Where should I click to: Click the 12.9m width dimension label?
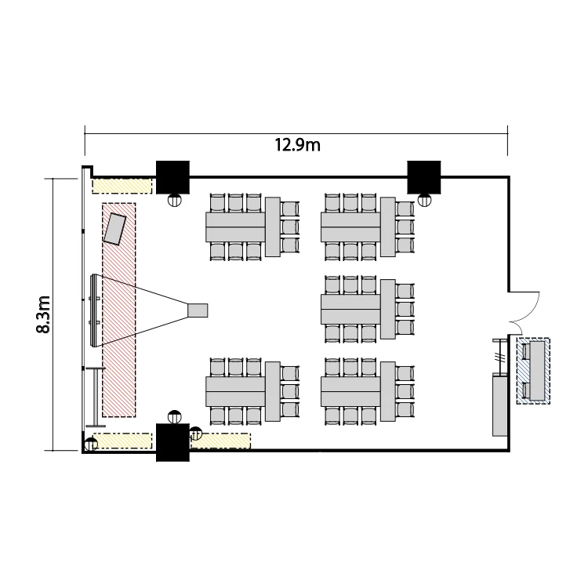click(298, 145)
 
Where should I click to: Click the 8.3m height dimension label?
click(43, 314)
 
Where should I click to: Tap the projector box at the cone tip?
click(198, 310)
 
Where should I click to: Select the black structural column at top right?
click(423, 177)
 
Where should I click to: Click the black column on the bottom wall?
click(172, 442)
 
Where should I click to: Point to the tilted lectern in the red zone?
click(114, 229)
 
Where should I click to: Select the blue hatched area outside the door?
click(533, 371)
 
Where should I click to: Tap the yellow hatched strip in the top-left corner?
click(122, 186)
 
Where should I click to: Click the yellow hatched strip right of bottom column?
click(220, 441)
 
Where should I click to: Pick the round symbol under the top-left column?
click(174, 201)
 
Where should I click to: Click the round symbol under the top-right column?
click(424, 201)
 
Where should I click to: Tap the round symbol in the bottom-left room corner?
click(91, 445)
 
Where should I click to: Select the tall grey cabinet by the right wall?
click(500, 405)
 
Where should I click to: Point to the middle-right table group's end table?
click(388, 309)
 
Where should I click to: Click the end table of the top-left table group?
click(273, 227)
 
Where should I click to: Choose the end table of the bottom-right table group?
click(388, 391)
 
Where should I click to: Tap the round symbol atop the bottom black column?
click(174, 417)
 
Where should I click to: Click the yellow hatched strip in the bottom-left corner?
click(122, 441)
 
